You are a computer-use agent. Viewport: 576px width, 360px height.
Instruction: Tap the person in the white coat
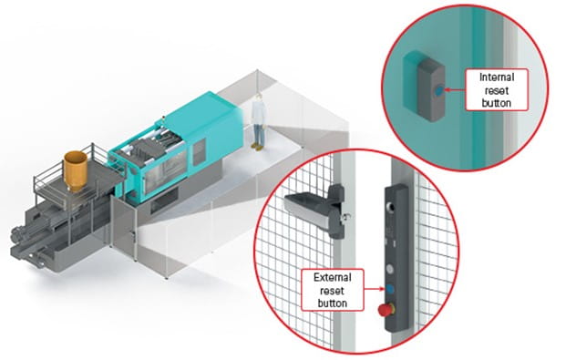point(258,121)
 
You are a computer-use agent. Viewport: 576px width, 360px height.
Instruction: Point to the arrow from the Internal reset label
point(453,91)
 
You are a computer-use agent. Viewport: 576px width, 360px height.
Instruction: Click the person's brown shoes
point(258,145)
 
